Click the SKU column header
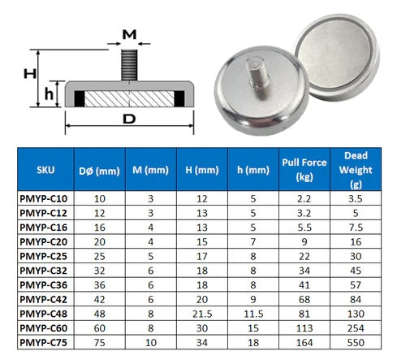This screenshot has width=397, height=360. pyautogui.click(x=45, y=170)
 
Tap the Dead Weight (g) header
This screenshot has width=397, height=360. pyautogui.click(x=356, y=170)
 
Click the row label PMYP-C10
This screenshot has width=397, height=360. pyautogui.click(x=45, y=197)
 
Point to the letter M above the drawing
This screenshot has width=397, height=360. pyautogui.click(x=129, y=33)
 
